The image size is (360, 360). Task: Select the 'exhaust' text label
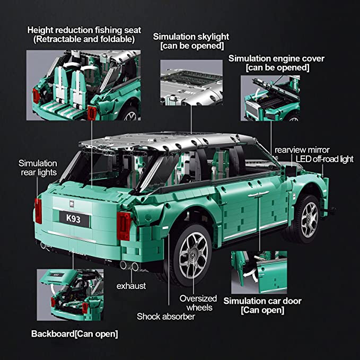pyautogui.click(x=131, y=286)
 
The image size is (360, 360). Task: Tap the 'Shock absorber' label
pyautogui.click(x=166, y=317)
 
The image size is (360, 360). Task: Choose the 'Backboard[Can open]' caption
pyautogui.click(x=74, y=333)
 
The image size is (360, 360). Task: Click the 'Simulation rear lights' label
pyautogui.click(x=38, y=168)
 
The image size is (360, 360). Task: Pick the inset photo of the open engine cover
pyautogui.click(x=270, y=98)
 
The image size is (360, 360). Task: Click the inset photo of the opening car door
pyautogui.click(x=259, y=273)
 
